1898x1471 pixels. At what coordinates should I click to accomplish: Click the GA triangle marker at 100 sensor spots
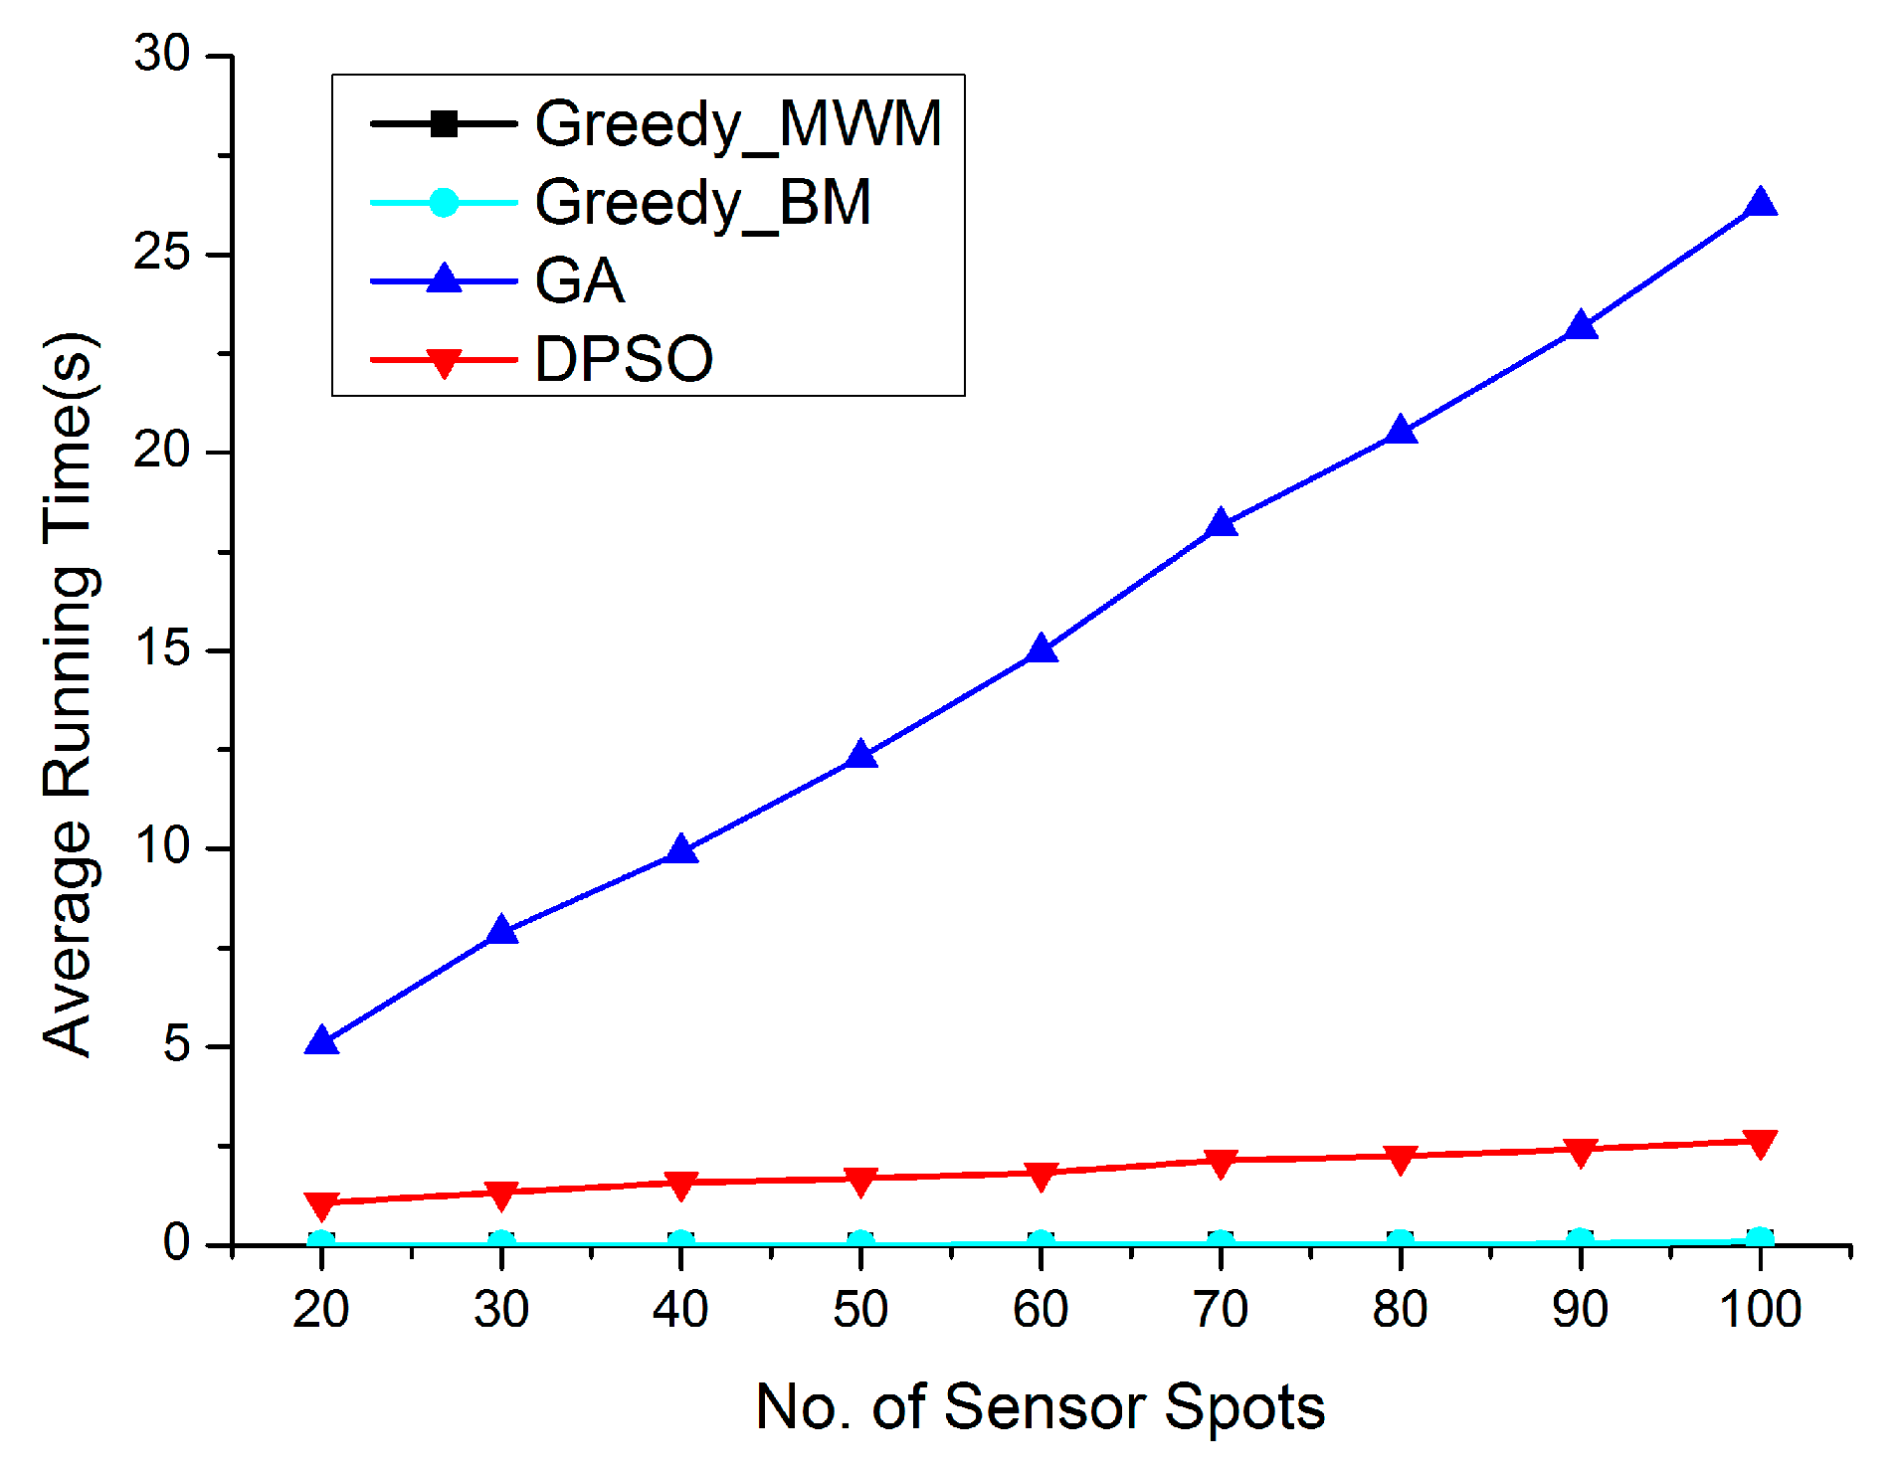click(x=1760, y=204)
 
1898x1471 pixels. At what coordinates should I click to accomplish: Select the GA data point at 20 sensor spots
click(x=321, y=1042)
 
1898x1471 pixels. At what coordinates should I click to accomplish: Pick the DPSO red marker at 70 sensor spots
click(x=1221, y=1162)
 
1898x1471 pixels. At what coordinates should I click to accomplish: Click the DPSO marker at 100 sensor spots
click(x=1760, y=1143)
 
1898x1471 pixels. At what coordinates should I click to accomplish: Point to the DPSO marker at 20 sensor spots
click(x=321, y=1204)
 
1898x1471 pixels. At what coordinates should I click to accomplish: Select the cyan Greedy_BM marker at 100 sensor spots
click(x=1760, y=1239)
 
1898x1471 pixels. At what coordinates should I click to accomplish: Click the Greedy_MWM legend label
click(x=738, y=124)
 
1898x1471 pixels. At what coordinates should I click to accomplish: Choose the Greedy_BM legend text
click(x=703, y=203)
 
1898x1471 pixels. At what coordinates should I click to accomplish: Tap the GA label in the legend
click(x=580, y=281)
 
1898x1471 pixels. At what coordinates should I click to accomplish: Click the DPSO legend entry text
click(x=624, y=359)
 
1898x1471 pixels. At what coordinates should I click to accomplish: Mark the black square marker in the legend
click(x=444, y=124)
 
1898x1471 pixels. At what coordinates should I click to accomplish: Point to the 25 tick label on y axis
click(x=162, y=253)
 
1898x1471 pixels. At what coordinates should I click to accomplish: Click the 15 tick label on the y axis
click(x=162, y=649)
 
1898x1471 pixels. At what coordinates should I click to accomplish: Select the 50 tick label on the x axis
click(x=859, y=1310)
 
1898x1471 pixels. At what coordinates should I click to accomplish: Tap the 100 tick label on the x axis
click(x=1760, y=1310)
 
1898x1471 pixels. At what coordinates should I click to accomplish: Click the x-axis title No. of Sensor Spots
click(x=1040, y=1407)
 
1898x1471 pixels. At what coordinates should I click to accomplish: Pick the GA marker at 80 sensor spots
click(x=1401, y=431)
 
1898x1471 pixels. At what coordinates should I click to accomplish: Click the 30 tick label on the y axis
click(x=162, y=55)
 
